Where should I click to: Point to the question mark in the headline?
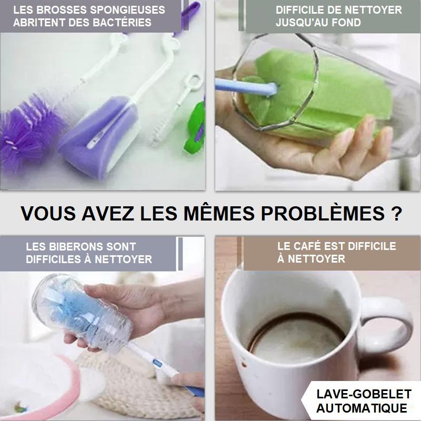396,214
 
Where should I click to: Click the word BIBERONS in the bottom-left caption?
72,246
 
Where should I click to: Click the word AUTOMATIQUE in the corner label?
362,408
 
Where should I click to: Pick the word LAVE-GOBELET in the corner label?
364,394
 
